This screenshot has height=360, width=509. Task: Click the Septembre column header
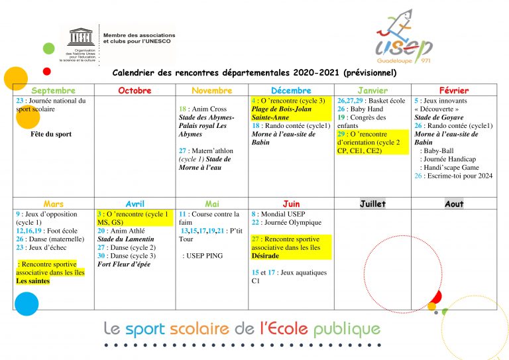pyautogui.click(x=53, y=91)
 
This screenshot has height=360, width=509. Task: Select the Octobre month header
pyautogui.click(x=135, y=91)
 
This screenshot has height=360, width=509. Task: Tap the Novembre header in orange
pyautogui.click(x=211, y=91)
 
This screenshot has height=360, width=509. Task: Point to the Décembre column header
pyautogui.click(x=291, y=91)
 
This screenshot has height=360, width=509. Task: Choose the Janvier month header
pyautogui.click(x=372, y=91)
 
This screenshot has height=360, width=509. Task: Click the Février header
pyautogui.click(x=454, y=91)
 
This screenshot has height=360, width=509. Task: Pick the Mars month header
pyautogui.click(x=53, y=204)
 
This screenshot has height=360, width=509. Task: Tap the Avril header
pyautogui.click(x=135, y=204)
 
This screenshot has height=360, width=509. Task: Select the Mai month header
pyautogui.click(x=211, y=204)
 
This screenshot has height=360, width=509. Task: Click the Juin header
pyautogui.click(x=291, y=204)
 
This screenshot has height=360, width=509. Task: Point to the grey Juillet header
pyautogui.click(x=372, y=204)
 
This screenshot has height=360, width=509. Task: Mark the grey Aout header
pyautogui.click(x=454, y=204)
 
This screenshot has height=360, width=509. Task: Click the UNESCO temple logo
pyautogui.click(x=82, y=36)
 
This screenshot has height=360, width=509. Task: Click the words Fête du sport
pyautogui.click(x=51, y=134)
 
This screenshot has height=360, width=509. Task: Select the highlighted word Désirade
pyautogui.click(x=265, y=255)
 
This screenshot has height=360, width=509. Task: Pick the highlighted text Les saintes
pyautogui.click(x=33, y=280)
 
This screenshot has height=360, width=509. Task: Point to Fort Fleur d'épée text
pyautogui.click(x=124, y=264)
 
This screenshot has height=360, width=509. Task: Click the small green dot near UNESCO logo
pyautogui.click(x=48, y=48)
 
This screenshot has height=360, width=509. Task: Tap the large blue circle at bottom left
pyautogui.click(x=27, y=304)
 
